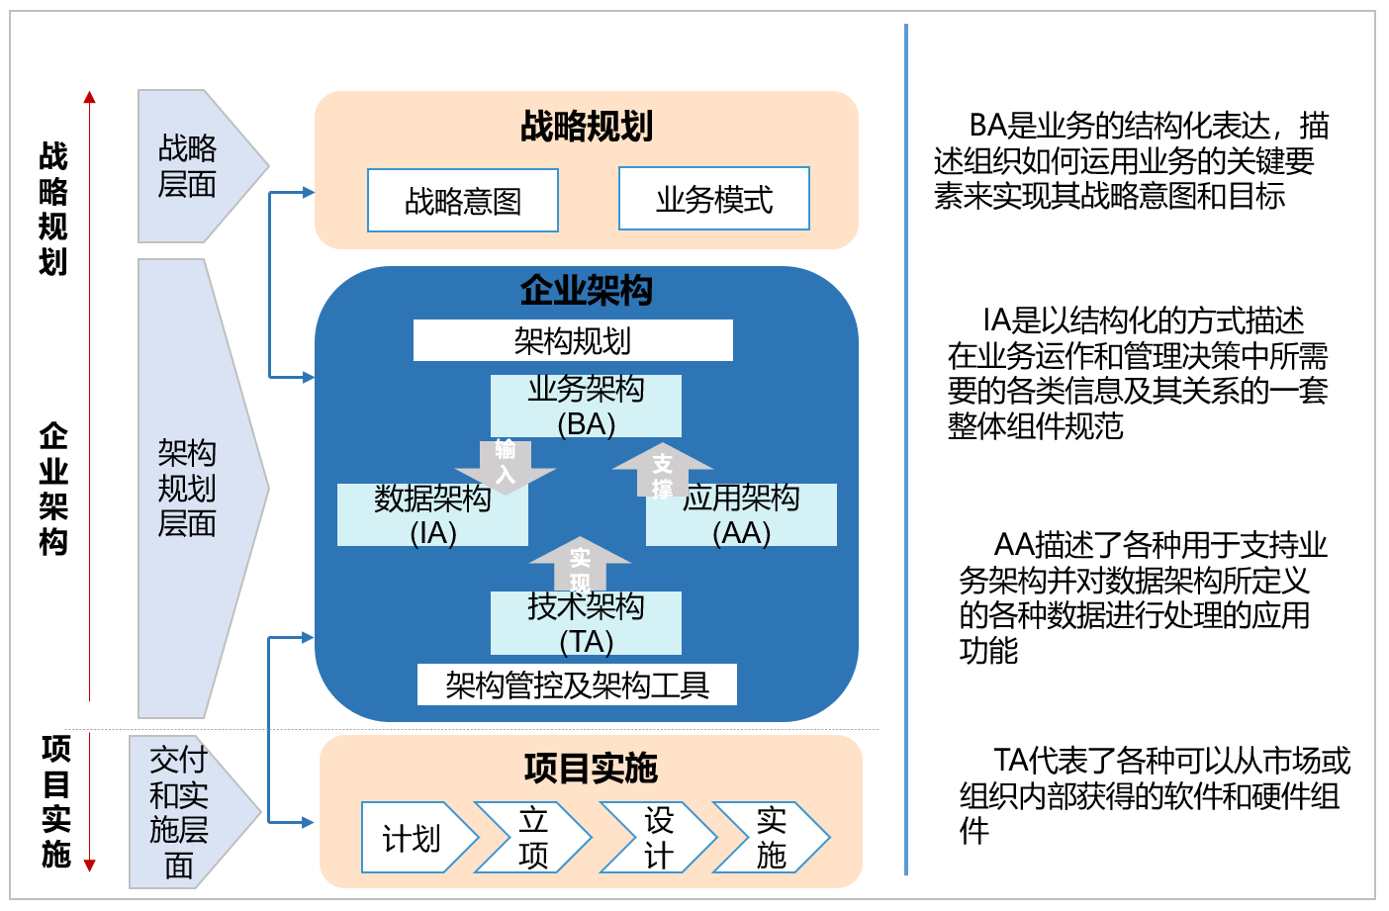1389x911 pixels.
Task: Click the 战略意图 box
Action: (x=462, y=201)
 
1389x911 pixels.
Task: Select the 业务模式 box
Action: (x=713, y=199)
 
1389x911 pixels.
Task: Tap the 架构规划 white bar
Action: (x=572, y=340)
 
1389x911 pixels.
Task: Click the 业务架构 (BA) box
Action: (x=586, y=406)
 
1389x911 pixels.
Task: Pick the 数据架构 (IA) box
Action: (x=432, y=515)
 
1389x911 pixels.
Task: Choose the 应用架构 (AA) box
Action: (x=742, y=515)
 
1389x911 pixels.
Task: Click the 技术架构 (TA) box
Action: (x=586, y=623)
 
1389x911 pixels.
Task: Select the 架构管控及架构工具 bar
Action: (x=577, y=684)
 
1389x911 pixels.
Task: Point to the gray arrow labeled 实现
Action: (x=580, y=565)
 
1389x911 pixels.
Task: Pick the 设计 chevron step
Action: (x=658, y=838)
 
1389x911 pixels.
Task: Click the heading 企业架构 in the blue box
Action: (x=586, y=291)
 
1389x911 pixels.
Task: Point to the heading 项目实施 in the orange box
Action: (x=591, y=768)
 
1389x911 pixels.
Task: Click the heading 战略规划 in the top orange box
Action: (x=586, y=127)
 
